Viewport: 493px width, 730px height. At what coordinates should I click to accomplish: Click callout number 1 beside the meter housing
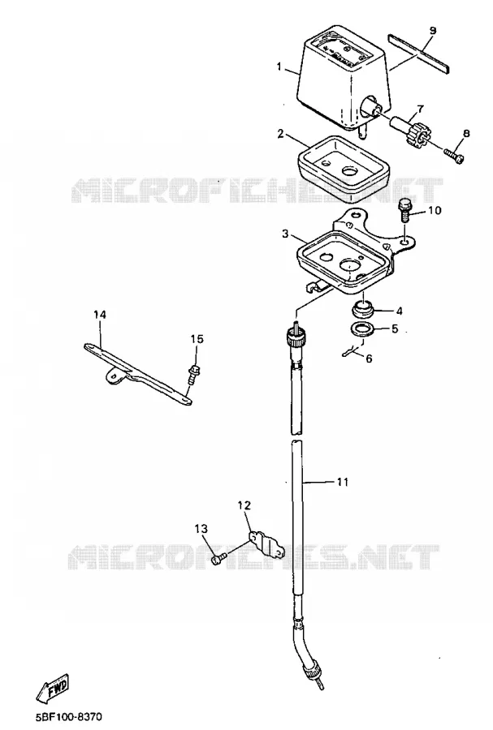[x=279, y=67]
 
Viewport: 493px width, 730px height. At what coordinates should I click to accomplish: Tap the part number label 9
[x=432, y=31]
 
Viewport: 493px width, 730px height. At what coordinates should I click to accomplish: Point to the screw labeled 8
[x=453, y=156]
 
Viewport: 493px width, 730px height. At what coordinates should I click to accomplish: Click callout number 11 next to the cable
[x=343, y=483]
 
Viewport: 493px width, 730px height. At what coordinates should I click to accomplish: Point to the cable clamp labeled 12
[x=266, y=543]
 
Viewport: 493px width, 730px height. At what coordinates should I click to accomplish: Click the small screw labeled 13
[x=218, y=558]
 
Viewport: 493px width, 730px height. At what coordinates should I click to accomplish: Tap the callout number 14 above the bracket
[x=100, y=315]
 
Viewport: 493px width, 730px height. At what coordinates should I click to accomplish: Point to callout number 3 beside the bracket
[x=285, y=234]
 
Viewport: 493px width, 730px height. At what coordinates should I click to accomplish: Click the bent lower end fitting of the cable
[x=309, y=654]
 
